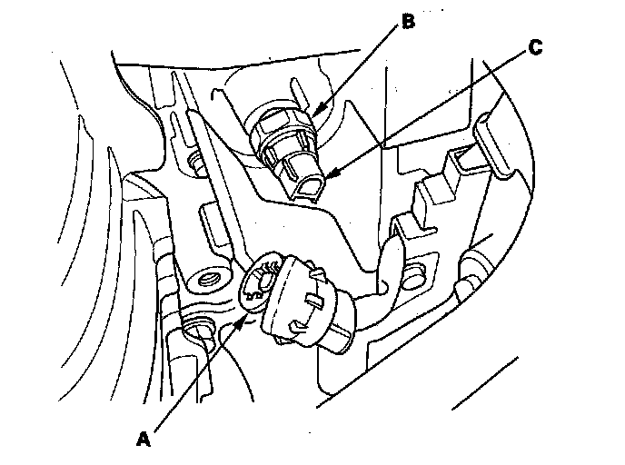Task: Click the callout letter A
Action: click(x=142, y=439)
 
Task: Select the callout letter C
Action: click(x=537, y=48)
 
